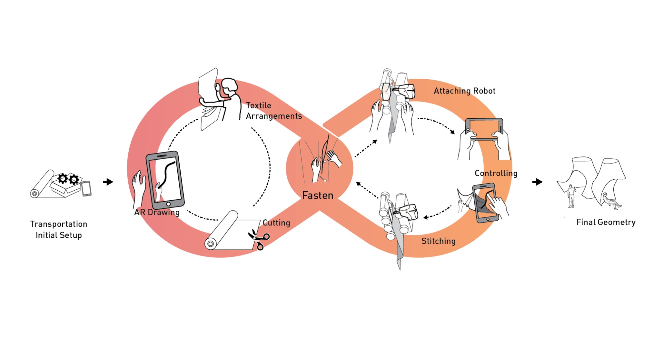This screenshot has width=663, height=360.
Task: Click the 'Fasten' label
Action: [318, 195]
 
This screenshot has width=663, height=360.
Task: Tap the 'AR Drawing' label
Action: [157, 212]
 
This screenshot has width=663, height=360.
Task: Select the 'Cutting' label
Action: [276, 223]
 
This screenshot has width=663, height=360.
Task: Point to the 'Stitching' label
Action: [438, 241]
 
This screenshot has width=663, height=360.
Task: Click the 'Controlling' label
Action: [496, 173]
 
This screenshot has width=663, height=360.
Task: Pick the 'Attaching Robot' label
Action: [464, 91]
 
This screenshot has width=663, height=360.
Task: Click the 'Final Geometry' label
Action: [606, 222]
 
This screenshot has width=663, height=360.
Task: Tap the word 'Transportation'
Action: [59, 224]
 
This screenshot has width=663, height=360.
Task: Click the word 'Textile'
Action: [259, 105]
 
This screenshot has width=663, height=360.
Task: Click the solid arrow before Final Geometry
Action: [537, 182]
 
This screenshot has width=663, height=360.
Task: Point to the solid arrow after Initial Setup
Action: [108, 182]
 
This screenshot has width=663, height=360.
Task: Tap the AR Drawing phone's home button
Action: [168, 204]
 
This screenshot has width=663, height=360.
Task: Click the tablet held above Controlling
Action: [484, 130]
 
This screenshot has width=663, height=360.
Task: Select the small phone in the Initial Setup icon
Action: [87, 189]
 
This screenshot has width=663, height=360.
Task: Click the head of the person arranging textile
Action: [230, 87]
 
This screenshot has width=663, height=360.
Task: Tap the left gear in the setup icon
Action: [63, 178]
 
